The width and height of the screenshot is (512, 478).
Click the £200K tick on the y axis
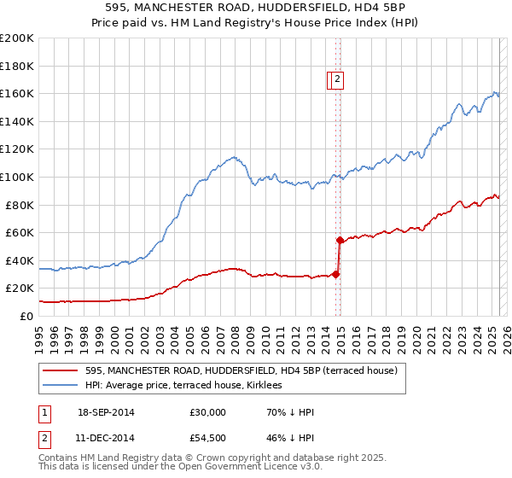17,38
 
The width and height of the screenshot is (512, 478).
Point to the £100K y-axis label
17,178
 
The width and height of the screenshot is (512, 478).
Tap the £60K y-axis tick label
20,233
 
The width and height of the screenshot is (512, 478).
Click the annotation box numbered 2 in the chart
337,80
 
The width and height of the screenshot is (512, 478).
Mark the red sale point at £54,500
340,240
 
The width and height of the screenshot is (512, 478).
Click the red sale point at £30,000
336,274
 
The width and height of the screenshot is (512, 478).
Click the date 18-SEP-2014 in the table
106,412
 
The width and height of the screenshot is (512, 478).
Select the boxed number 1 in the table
44,412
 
